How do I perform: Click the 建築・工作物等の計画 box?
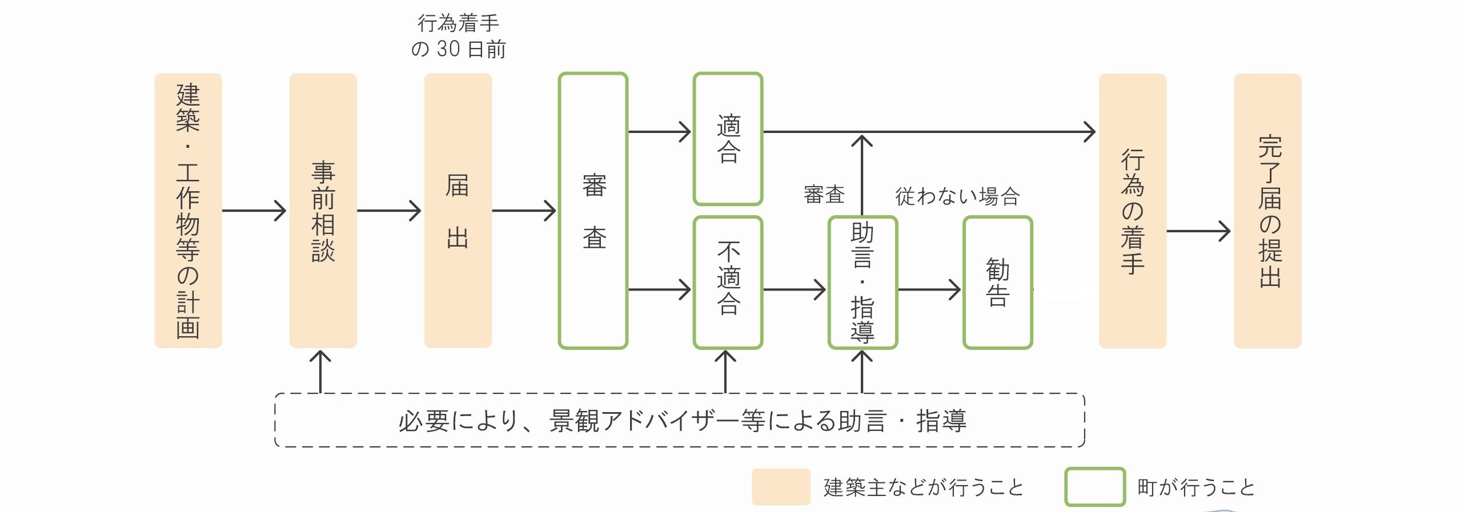click(x=188, y=210)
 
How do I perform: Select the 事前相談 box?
click(x=323, y=210)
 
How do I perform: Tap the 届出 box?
click(x=458, y=210)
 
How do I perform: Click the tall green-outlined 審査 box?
click(x=593, y=210)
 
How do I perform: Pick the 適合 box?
click(x=728, y=139)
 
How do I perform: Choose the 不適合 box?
click(x=728, y=282)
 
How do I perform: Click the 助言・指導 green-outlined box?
click(x=863, y=282)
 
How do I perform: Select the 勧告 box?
click(x=997, y=282)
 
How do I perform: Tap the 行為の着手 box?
click(x=1132, y=210)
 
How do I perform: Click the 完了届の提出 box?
click(x=1268, y=210)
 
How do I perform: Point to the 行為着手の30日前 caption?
click(x=458, y=36)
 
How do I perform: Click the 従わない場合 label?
click(x=957, y=196)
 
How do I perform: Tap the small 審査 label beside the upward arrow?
click(x=824, y=195)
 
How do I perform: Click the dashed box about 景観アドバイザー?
click(x=680, y=420)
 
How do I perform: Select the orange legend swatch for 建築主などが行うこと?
click(x=781, y=487)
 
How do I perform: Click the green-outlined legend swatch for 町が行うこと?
click(x=1094, y=487)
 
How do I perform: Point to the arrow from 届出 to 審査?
click(x=524, y=211)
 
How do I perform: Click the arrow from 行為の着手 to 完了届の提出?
click(x=1198, y=231)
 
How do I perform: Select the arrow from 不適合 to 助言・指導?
click(x=794, y=289)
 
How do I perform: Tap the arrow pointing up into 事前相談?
click(x=320, y=371)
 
